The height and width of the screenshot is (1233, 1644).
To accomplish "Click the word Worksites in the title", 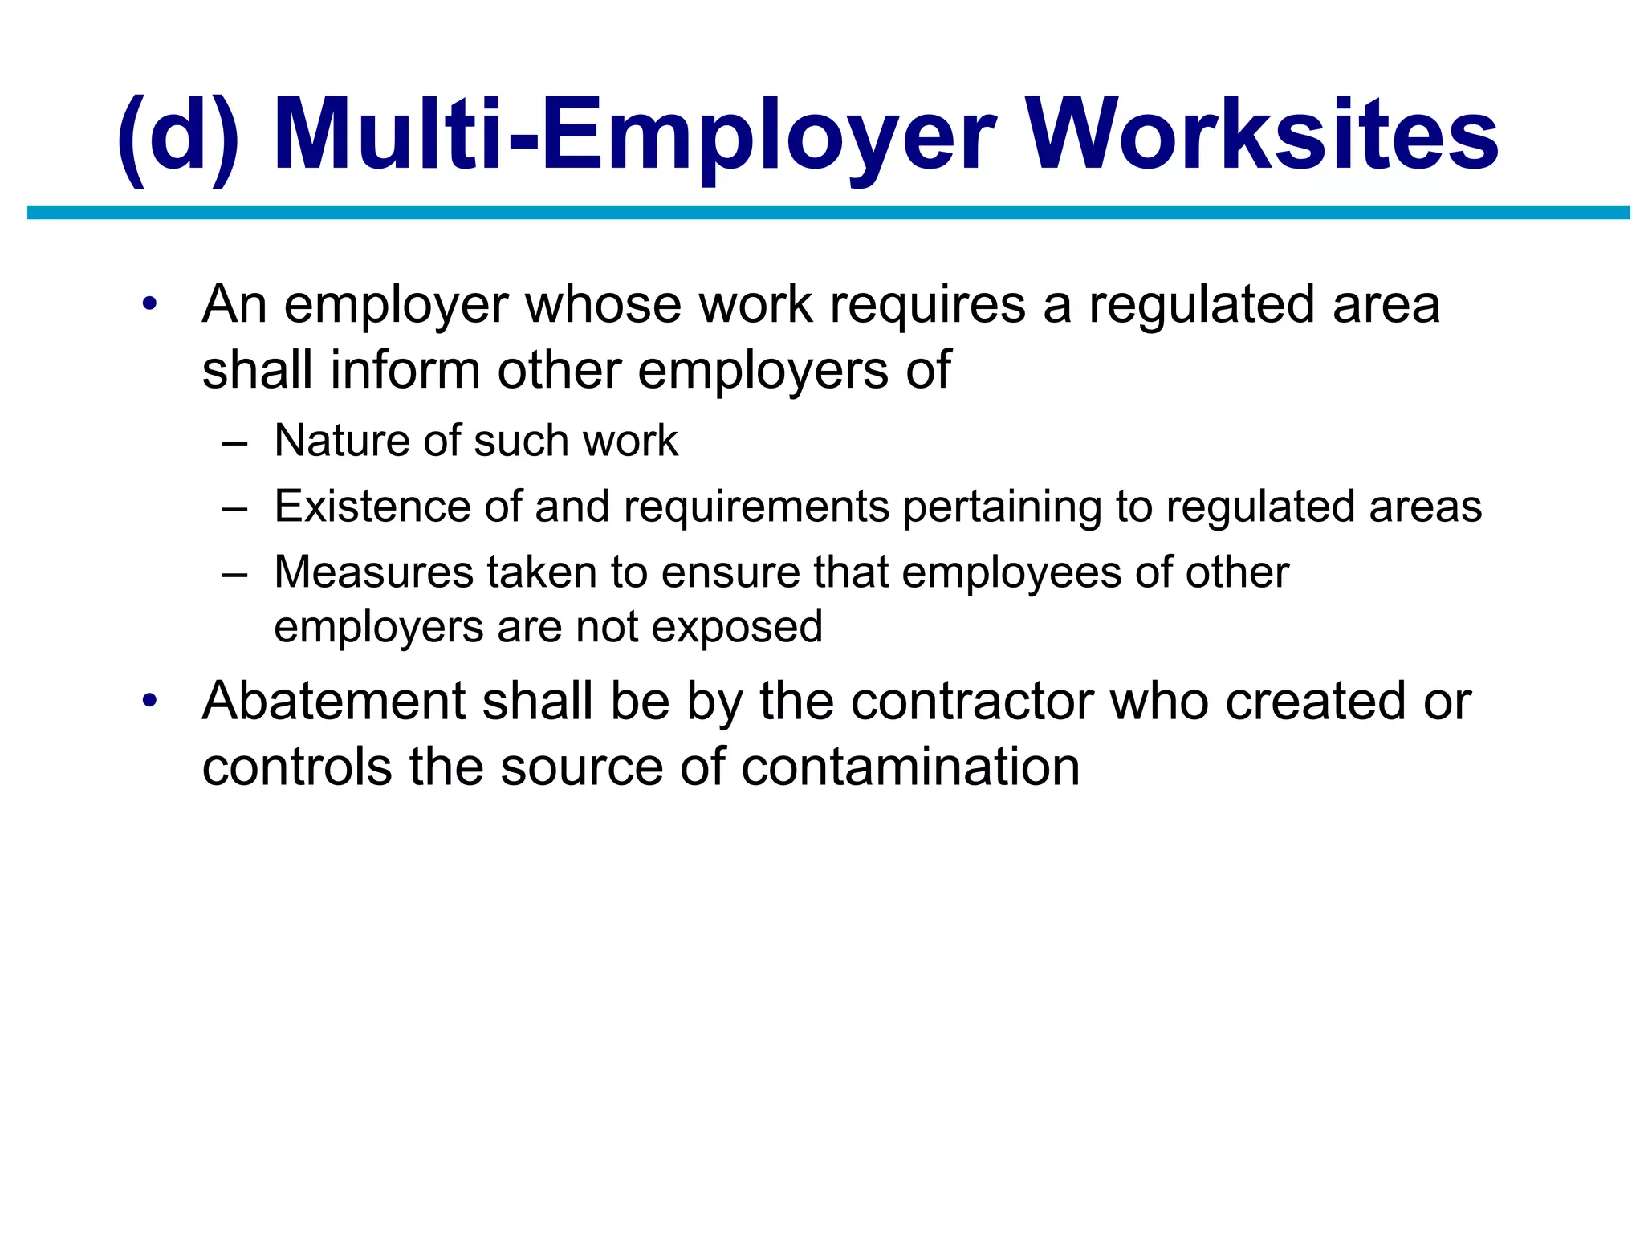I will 1264,135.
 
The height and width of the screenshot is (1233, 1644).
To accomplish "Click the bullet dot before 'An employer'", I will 149,305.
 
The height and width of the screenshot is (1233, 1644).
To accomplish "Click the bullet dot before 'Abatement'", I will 149,702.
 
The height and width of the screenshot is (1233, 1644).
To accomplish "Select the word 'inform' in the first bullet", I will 405,371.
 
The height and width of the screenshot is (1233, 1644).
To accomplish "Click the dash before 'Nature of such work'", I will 234,442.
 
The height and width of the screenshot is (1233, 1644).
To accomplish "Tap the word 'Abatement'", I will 334,702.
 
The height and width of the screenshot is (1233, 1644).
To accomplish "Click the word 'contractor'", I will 972,702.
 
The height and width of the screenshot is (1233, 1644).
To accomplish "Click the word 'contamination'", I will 910,767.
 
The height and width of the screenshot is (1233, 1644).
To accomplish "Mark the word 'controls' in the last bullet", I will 298,767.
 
